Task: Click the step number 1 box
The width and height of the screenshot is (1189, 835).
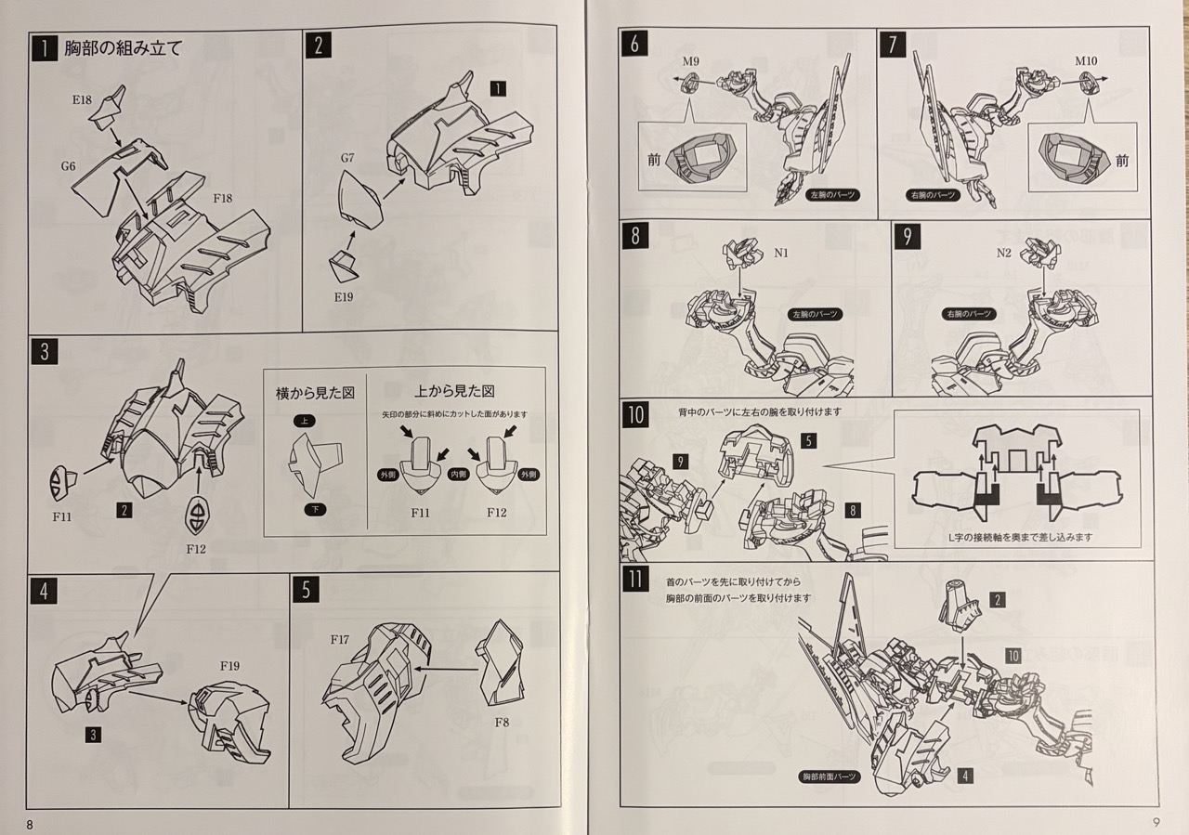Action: coord(44,47)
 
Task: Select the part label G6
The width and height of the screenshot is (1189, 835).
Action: coord(69,166)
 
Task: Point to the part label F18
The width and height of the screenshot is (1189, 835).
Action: coord(223,198)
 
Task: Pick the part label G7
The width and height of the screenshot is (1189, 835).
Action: coord(347,158)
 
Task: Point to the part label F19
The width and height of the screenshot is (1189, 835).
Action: coord(229,666)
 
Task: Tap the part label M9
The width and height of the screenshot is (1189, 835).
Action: coord(690,62)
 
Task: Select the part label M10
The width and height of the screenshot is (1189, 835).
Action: coord(1087,62)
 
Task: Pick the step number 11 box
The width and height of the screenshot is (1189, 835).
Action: coord(635,581)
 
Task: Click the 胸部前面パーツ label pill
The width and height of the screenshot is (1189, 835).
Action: coord(830,776)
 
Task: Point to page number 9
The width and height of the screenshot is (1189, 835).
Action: coord(1156,821)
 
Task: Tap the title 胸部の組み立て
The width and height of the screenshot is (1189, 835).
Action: coord(123,48)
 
